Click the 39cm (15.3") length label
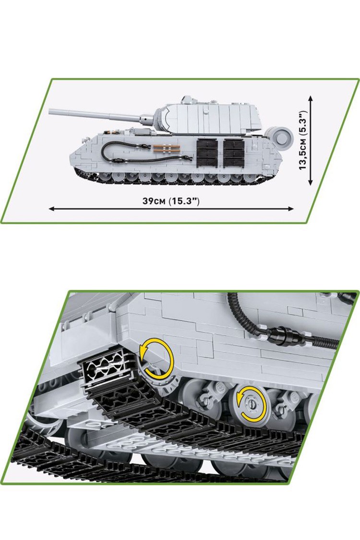click(171, 201)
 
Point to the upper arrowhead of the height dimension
click(311, 99)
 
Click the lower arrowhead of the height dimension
click(311, 182)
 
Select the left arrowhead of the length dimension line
click(52, 208)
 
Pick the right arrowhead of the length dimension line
click(291, 208)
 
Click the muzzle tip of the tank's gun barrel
click(50, 111)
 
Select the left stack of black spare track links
click(207, 153)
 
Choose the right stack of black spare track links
click(235, 153)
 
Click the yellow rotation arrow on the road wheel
click(251, 404)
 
